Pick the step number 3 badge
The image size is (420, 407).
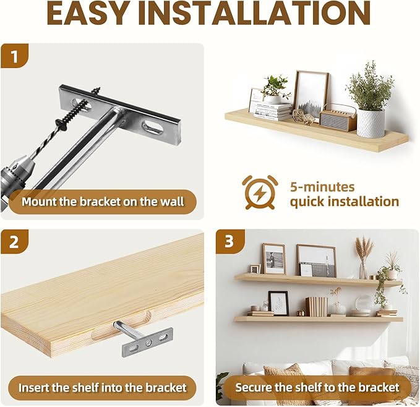click(x=229, y=242)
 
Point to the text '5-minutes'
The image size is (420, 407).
click(x=322, y=186)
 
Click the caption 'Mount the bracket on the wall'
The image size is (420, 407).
click(x=103, y=202)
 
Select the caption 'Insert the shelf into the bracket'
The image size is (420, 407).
click(x=102, y=388)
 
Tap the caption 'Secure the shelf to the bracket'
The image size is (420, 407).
click(x=317, y=388)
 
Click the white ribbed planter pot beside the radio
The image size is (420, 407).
click(x=371, y=122)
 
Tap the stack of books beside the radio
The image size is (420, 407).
click(x=273, y=111)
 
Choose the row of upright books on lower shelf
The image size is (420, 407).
click(x=315, y=306)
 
